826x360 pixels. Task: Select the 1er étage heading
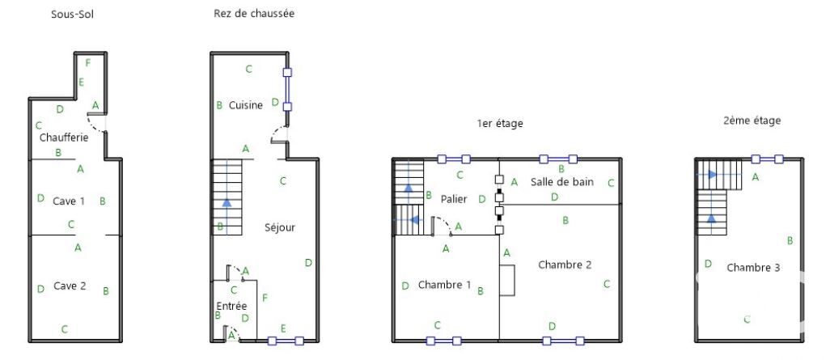[499, 124]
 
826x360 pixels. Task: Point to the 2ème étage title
[752, 121]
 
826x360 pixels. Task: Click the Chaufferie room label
[64, 138]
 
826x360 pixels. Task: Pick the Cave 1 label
[69, 201]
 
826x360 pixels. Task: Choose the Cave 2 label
[70, 286]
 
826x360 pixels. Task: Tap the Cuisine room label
[246, 105]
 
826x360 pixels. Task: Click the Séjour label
[280, 227]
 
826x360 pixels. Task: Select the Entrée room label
[231, 306]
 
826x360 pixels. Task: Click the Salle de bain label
[562, 182]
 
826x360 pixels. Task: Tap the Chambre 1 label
[444, 285]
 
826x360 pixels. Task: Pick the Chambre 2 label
[565, 265]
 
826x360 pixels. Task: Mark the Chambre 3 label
[752, 267]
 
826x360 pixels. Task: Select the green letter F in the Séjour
[265, 298]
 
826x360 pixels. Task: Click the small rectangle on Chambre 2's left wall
[507, 280]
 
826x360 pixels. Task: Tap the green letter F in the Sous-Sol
[87, 62]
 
